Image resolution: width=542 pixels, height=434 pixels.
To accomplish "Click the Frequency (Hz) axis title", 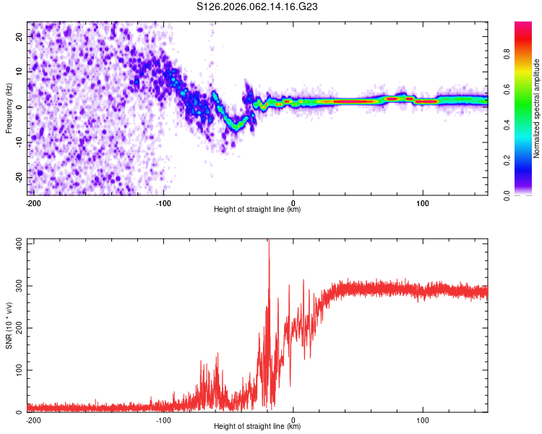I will (x=9, y=109).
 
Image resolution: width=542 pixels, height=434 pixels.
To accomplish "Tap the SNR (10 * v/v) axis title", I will (x=9, y=326).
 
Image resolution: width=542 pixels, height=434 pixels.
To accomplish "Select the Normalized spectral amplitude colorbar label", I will (x=537, y=109).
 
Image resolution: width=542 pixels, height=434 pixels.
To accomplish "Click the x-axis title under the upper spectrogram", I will (x=257, y=210).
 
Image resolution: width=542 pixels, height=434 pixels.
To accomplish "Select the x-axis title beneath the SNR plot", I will (x=257, y=427).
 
